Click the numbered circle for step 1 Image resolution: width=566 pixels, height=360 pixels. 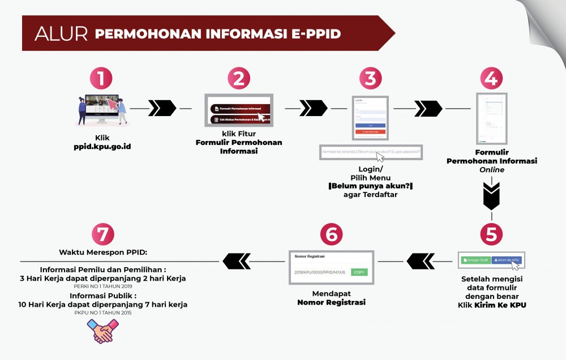(101, 79)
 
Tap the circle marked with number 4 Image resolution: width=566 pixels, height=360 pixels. (491, 79)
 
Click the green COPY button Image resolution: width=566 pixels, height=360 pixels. (359, 272)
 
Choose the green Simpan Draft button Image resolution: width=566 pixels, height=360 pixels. (475, 260)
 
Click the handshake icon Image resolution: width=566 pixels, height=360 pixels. (102, 331)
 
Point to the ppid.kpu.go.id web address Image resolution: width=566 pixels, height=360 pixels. (103, 147)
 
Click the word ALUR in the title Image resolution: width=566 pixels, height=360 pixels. (61, 34)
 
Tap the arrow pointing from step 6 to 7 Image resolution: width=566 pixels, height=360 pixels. (237, 261)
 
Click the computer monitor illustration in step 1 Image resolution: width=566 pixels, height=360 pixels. (103, 108)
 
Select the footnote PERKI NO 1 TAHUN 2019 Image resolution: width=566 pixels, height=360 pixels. (102, 286)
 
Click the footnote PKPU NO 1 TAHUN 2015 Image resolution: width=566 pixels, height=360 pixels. (102, 312)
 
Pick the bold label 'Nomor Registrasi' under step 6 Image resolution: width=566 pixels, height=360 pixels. (331, 302)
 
